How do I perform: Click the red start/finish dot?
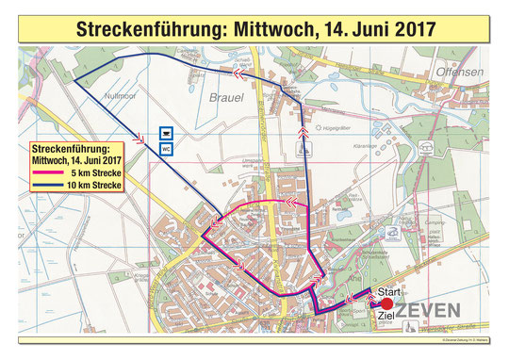point(386,304)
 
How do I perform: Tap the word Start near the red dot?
point(389,292)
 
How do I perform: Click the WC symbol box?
point(167,149)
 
